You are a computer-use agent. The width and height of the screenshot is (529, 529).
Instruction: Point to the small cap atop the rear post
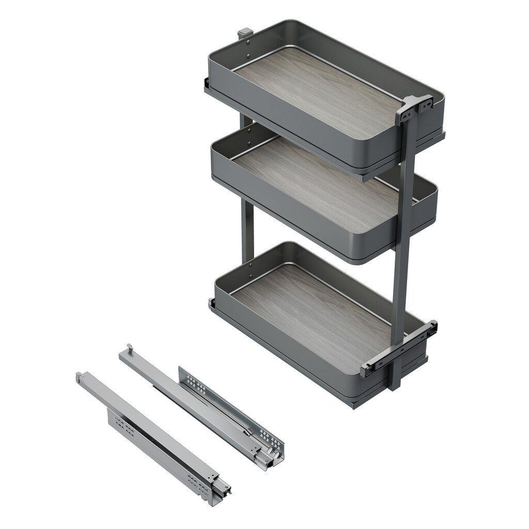point(245,34)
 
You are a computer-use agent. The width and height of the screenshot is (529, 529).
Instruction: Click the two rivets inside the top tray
point(248,49)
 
